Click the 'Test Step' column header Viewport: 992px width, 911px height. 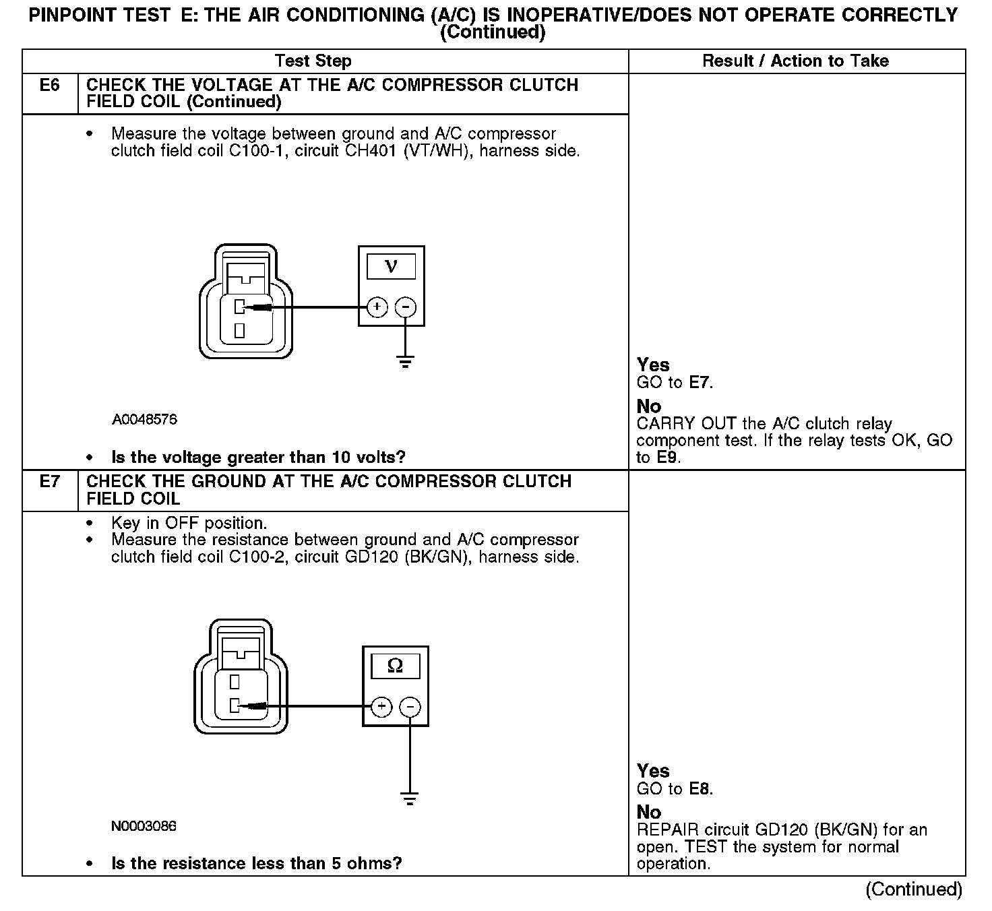tap(313, 61)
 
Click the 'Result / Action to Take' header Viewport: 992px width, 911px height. tap(795, 61)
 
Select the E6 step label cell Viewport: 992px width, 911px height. tap(50, 86)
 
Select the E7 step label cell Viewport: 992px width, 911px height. tap(50, 482)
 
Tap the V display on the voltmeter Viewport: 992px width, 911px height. tap(391, 266)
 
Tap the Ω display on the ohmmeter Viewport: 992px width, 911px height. tap(396, 666)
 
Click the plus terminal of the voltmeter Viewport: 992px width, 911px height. tap(377, 307)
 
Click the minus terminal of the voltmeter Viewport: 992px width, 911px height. tap(405, 307)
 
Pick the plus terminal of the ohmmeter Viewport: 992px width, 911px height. tap(381, 706)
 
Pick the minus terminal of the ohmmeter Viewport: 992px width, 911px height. tap(410, 706)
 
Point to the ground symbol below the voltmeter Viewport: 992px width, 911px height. tap(405, 362)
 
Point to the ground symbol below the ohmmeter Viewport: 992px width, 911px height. tap(410, 799)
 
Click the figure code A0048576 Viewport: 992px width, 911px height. tap(144, 420)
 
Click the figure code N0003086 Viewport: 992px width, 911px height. tap(144, 826)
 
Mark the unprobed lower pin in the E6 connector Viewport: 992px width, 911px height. tap(239, 330)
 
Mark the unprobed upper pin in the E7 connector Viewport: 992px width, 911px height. tap(235, 682)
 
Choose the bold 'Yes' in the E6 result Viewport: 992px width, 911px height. tap(653, 365)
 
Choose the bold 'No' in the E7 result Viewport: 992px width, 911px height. tap(649, 812)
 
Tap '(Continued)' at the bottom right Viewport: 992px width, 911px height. tap(914, 889)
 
